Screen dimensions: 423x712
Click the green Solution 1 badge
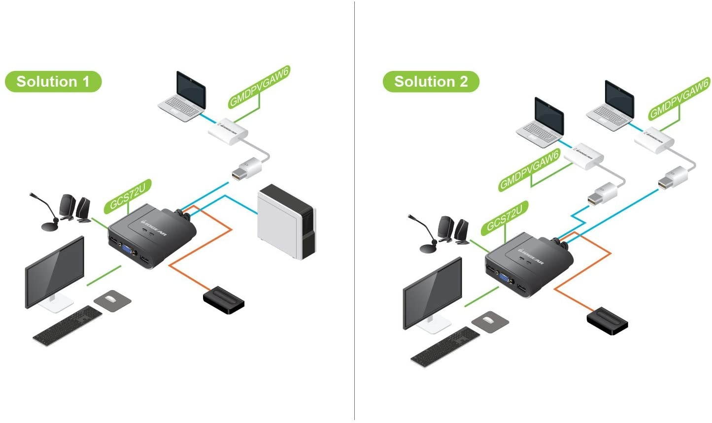(x=53, y=81)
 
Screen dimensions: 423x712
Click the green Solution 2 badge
(x=431, y=81)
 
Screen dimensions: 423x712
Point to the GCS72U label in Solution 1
(x=127, y=196)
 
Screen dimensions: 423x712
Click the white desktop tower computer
(x=286, y=222)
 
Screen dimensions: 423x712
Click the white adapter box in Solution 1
(x=227, y=130)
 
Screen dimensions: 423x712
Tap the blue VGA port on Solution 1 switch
(x=127, y=251)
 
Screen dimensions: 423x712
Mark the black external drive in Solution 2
(x=607, y=321)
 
